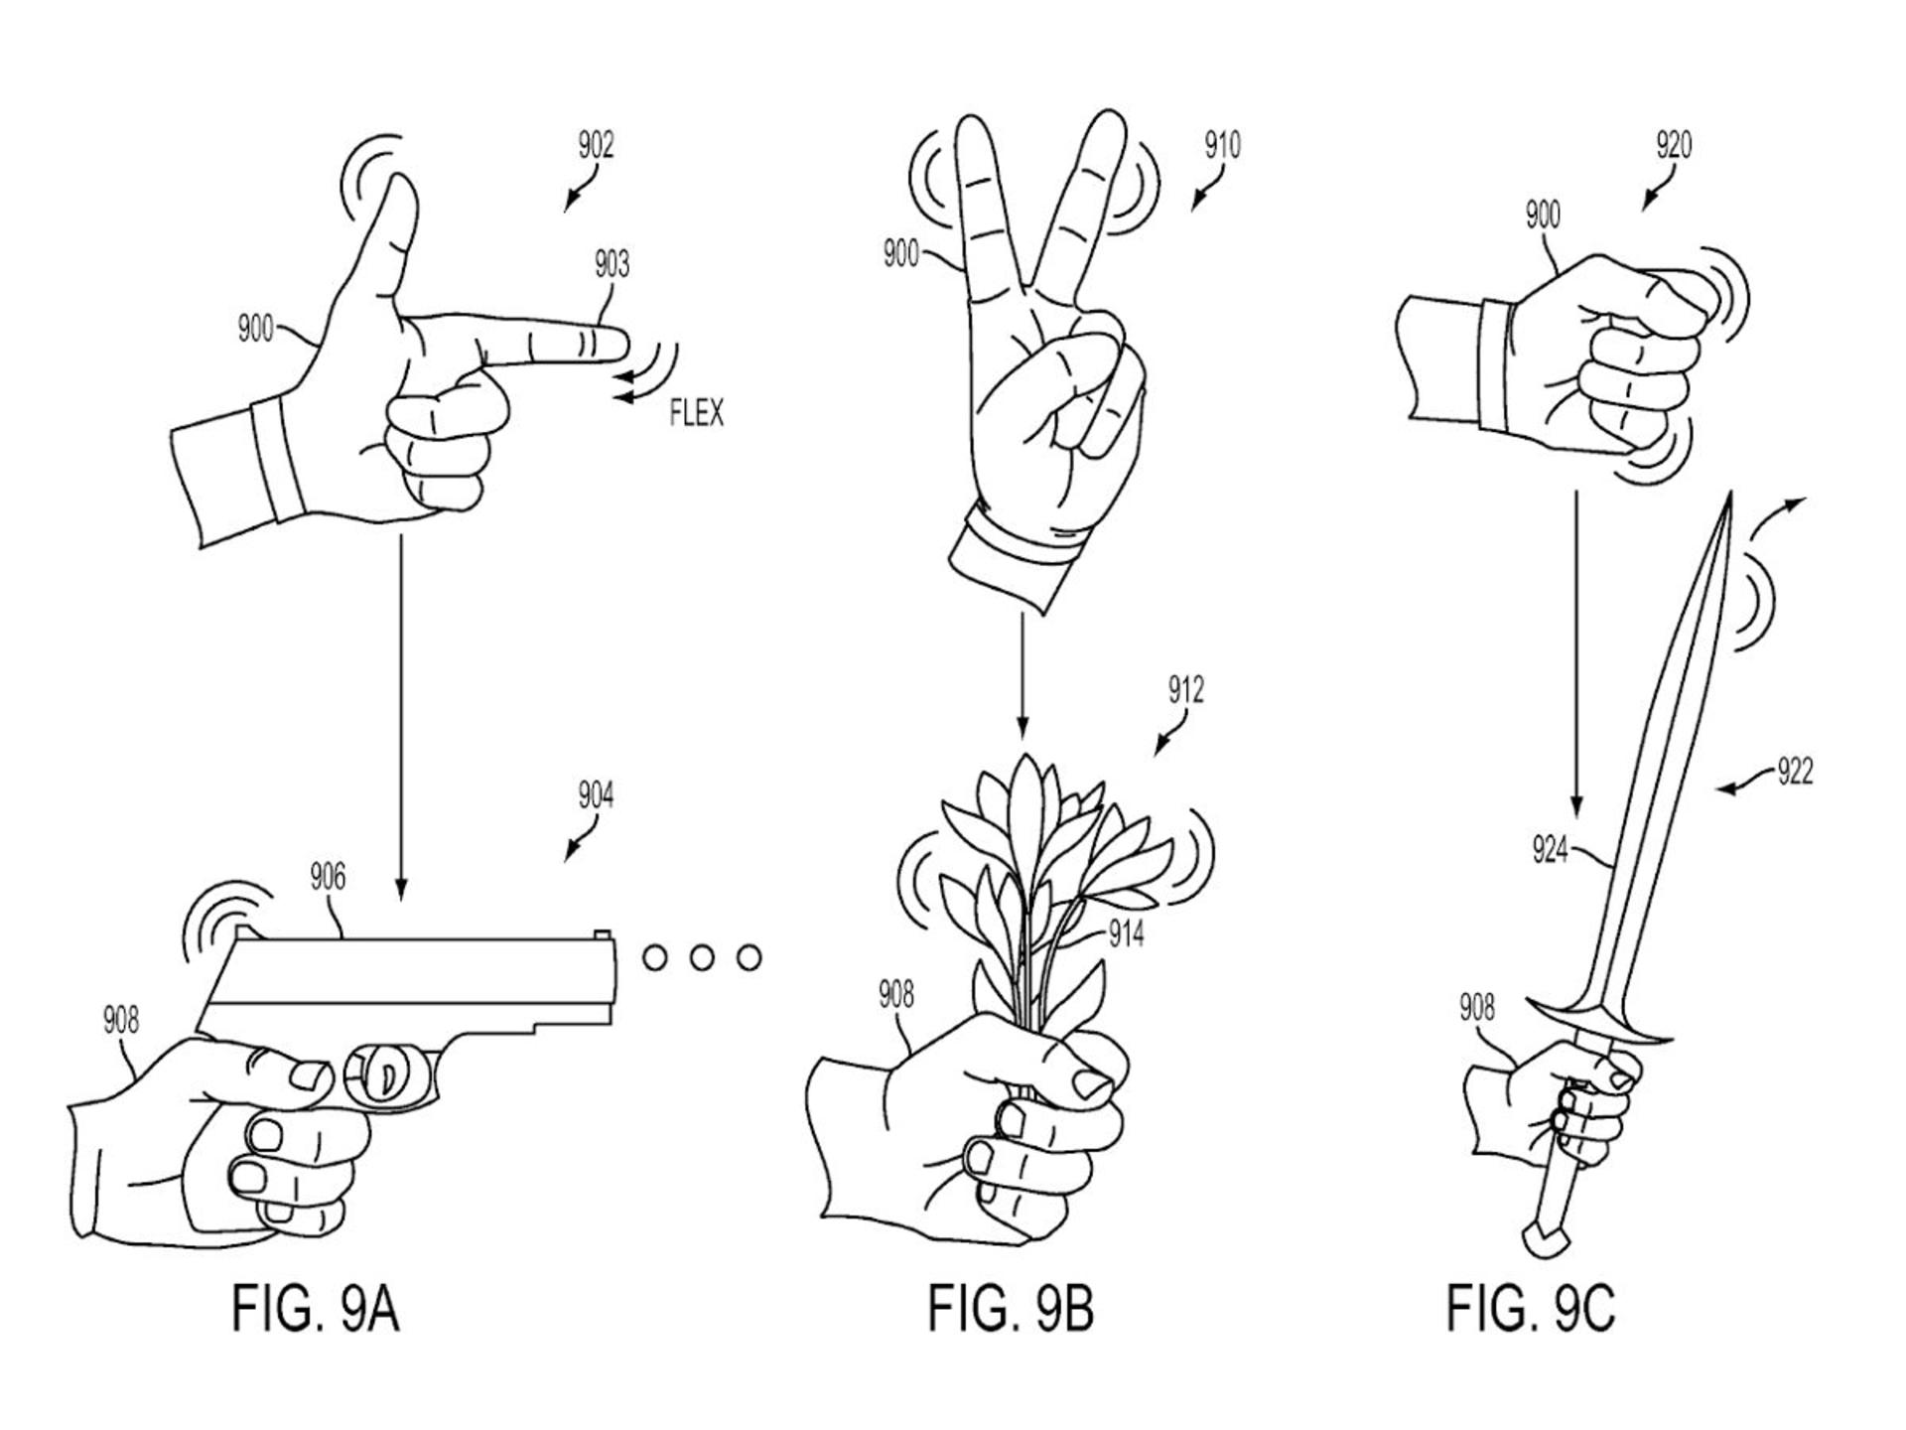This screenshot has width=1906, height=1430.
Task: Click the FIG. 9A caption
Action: [316, 1308]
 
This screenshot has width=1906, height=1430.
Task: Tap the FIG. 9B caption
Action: [1011, 1308]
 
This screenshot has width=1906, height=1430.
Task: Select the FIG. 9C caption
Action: [1530, 1308]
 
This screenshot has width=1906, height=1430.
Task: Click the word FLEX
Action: [697, 412]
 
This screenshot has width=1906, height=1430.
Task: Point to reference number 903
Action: [612, 264]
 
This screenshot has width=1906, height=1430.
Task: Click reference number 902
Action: [596, 146]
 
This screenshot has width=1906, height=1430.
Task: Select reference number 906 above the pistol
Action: [328, 877]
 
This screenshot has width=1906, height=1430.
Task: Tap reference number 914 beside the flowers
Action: [1126, 933]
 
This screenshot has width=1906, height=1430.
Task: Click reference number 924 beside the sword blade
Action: [1550, 850]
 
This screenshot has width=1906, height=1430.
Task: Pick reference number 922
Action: [1795, 772]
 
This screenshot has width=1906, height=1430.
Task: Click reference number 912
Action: [1185, 689]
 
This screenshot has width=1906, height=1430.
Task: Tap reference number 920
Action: [1674, 146]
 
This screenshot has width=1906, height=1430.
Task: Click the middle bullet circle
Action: [702, 957]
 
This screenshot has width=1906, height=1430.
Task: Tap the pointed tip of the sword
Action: [1729, 494]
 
